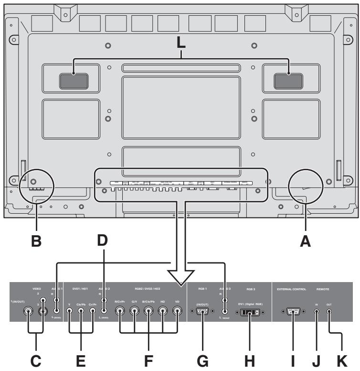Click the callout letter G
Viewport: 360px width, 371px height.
point(203,362)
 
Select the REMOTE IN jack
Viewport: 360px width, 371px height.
point(317,311)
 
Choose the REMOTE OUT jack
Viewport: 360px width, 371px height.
point(329,311)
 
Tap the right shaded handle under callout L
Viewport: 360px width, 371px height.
point(288,81)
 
